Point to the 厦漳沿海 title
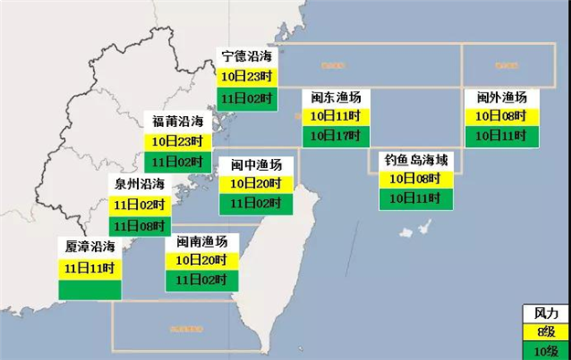[x=90, y=247]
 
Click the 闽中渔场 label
[x=256, y=165]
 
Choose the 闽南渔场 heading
[x=202, y=242]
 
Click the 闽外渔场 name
[x=502, y=98]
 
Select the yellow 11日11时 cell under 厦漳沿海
[x=90, y=268]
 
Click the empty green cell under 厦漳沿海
[x=90, y=289]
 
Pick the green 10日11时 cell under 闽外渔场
[x=502, y=135]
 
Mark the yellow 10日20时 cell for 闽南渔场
[x=202, y=260]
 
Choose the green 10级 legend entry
[x=545, y=350]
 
